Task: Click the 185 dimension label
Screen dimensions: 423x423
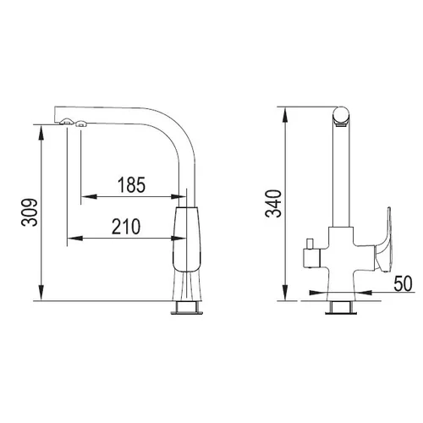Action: coord(131,185)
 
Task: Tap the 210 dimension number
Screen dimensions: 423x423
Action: coord(126,227)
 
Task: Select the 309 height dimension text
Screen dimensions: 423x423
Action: coord(30,212)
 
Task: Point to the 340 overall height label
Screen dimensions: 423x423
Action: coord(273,203)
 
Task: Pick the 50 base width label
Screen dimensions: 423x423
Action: coord(403,283)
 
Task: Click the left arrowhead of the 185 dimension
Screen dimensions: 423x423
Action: coord(89,196)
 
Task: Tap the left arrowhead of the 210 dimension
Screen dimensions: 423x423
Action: coord(74,239)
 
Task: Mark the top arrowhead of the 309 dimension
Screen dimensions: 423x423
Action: coord(41,133)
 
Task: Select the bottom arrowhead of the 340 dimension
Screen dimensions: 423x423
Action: coord(285,293)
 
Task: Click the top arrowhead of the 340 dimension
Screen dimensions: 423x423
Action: coord(285,115)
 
